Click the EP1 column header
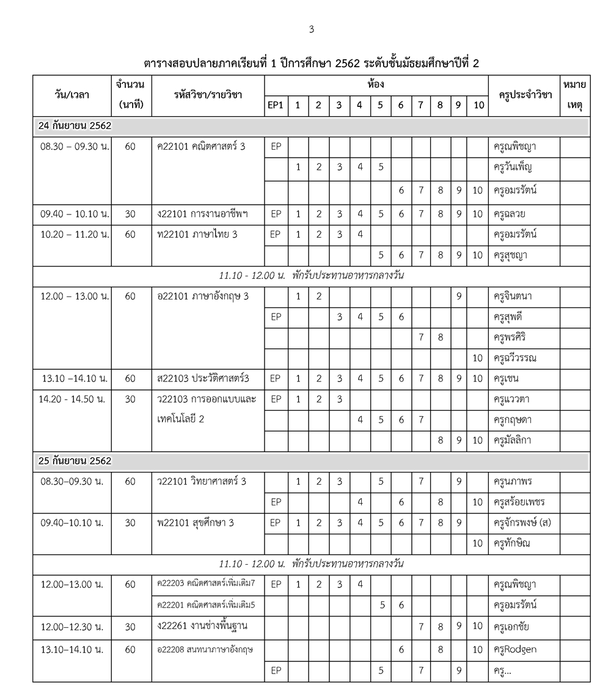276,105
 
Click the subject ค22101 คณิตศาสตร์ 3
201,147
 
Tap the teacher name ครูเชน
507,378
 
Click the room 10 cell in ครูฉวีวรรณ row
477,358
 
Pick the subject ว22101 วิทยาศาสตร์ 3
202,481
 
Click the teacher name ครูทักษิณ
513,543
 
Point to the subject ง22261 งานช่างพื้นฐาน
202,626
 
